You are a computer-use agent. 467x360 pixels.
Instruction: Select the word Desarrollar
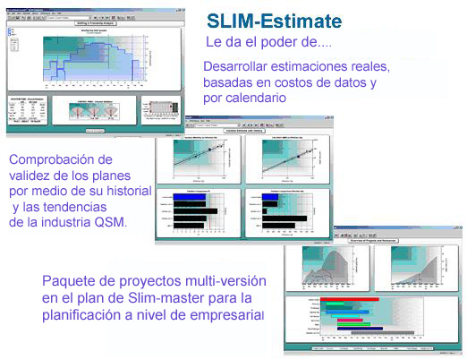pos(241,67)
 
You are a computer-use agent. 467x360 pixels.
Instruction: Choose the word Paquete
pos(69,281)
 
